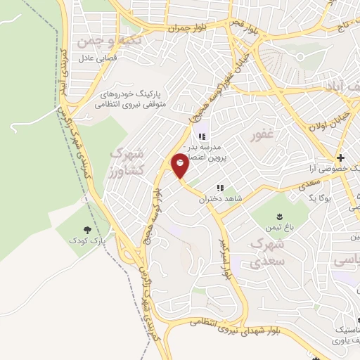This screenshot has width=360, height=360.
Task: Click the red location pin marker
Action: [181, 165]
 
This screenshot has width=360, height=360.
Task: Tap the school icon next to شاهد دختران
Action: [220, 188]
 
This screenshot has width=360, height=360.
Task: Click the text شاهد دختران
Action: [215, 200]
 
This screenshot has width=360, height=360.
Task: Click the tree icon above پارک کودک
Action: [87, 229]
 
